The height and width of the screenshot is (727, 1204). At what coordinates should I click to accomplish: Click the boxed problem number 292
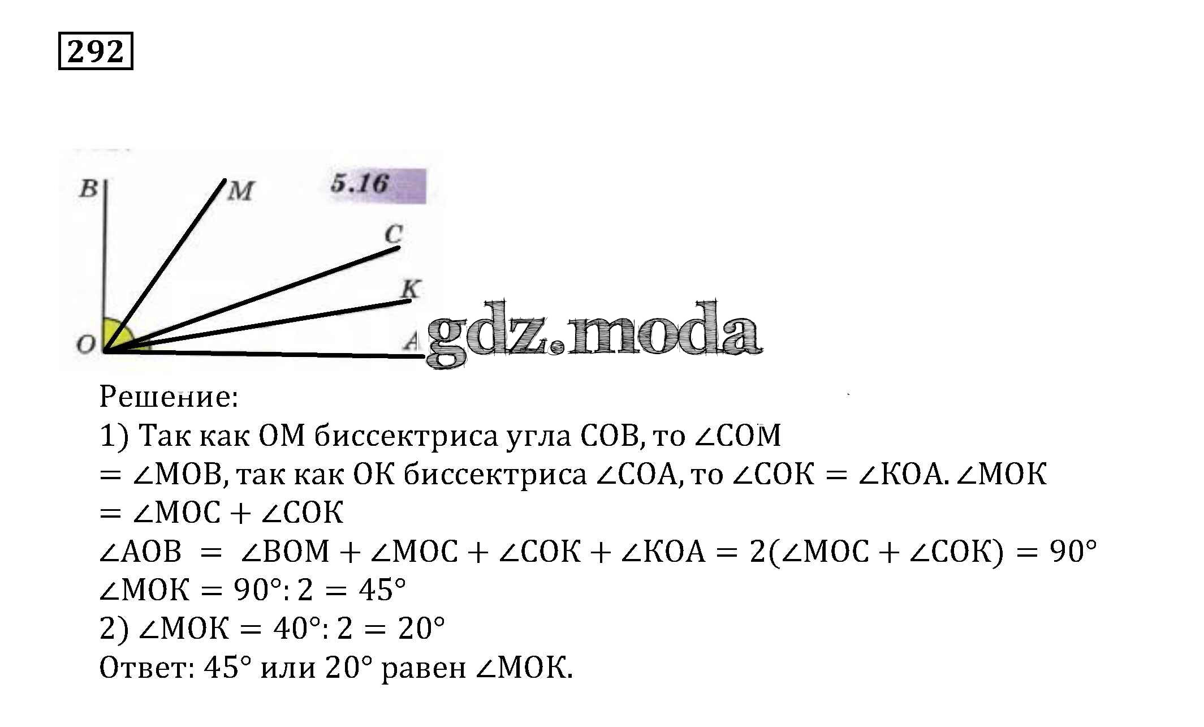point(96,51)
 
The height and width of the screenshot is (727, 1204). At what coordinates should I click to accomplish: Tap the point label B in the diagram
point(89,188)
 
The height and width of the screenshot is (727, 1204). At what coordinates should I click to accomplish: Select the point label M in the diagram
point(241,191)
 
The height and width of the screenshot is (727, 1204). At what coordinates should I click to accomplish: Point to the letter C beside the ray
point(394,234)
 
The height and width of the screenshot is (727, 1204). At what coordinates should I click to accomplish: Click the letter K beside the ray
point(411,289)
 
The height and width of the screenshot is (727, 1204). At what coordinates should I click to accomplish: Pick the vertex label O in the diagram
point(86,343)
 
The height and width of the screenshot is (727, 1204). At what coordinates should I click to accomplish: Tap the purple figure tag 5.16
point(378,185)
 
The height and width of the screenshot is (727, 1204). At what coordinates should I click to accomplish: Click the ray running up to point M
point(165,266)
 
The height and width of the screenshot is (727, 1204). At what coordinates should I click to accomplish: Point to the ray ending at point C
point(252,299)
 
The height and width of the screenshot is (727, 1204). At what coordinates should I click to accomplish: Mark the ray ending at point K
point(258,326)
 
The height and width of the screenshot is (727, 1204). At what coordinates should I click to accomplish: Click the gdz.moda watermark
point(594,334)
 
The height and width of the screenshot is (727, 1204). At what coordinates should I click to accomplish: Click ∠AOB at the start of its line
point(140,551)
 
